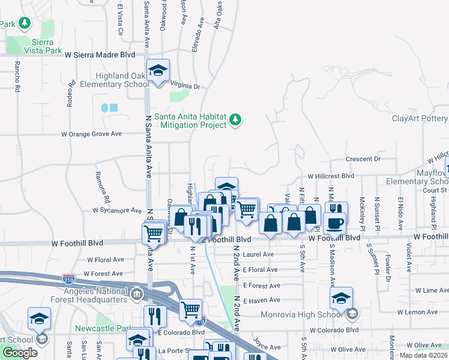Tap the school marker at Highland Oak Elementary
point(158,71)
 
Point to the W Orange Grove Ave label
point(91,134)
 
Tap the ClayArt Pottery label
point(420,118)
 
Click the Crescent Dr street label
point(363,159)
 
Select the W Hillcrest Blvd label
point(331,177)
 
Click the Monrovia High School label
point(303,314)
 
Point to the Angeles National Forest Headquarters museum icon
point(136,294)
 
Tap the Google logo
point(20,353)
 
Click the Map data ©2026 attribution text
point(423,355)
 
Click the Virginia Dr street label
point(185,86)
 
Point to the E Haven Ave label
point(262,300)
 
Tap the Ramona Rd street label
point(103,187)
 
